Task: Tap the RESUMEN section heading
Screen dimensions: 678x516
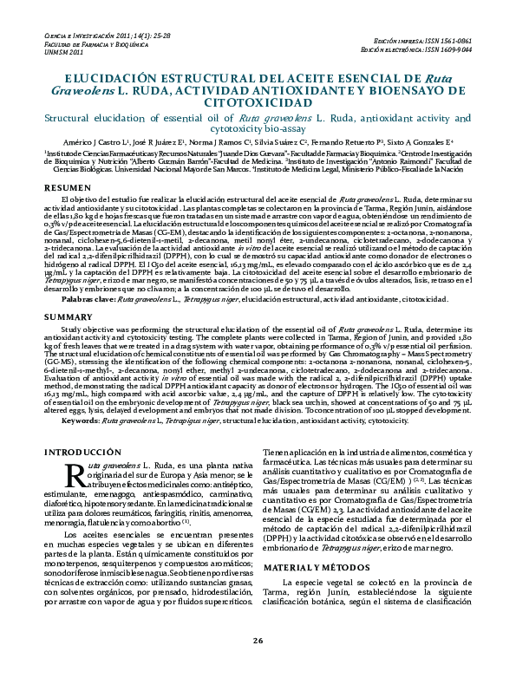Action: point(66,187)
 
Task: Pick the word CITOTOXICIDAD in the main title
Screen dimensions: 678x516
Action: point(258,102)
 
